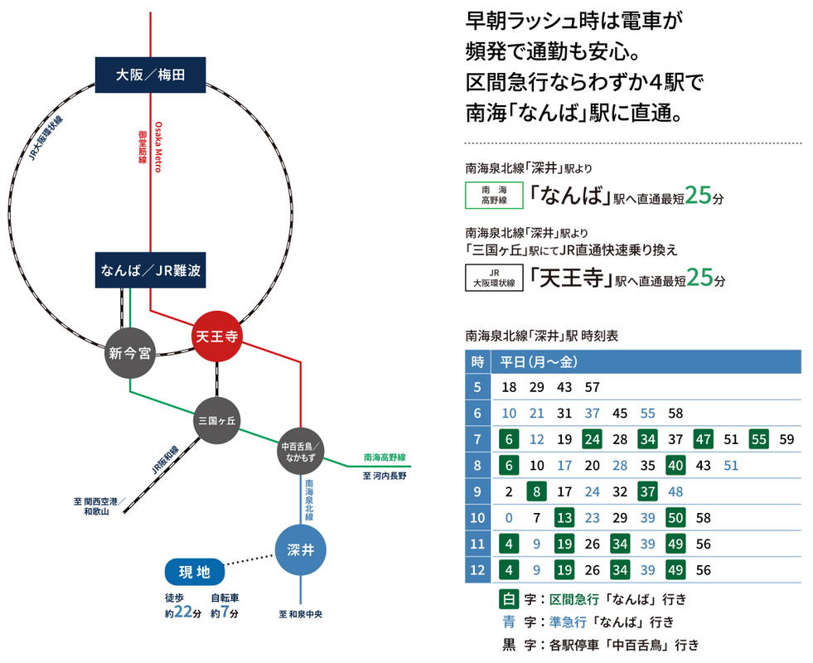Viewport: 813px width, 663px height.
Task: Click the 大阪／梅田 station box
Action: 150,75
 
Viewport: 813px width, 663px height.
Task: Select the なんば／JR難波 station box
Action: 150,270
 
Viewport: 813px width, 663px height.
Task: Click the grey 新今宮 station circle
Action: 129,353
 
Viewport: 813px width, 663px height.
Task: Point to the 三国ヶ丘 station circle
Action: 217,421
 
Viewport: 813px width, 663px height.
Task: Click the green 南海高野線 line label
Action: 385,457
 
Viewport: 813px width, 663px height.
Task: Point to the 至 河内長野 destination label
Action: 385,477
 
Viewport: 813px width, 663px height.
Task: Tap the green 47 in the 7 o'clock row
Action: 704,438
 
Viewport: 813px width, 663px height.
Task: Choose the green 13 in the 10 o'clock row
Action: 564,518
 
